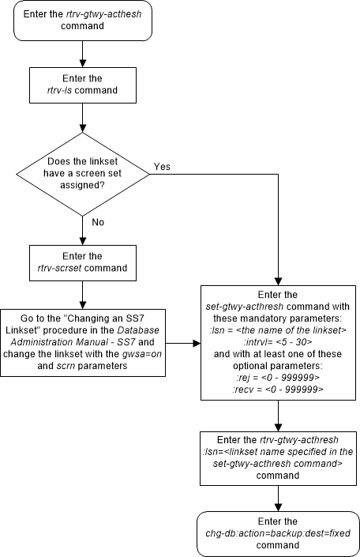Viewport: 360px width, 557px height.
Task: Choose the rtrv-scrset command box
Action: point(83,262)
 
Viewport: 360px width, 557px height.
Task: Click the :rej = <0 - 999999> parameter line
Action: point(277,378)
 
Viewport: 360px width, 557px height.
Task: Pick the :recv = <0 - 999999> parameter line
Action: point(277,389)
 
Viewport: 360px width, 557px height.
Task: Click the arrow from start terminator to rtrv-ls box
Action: point(83,55)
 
